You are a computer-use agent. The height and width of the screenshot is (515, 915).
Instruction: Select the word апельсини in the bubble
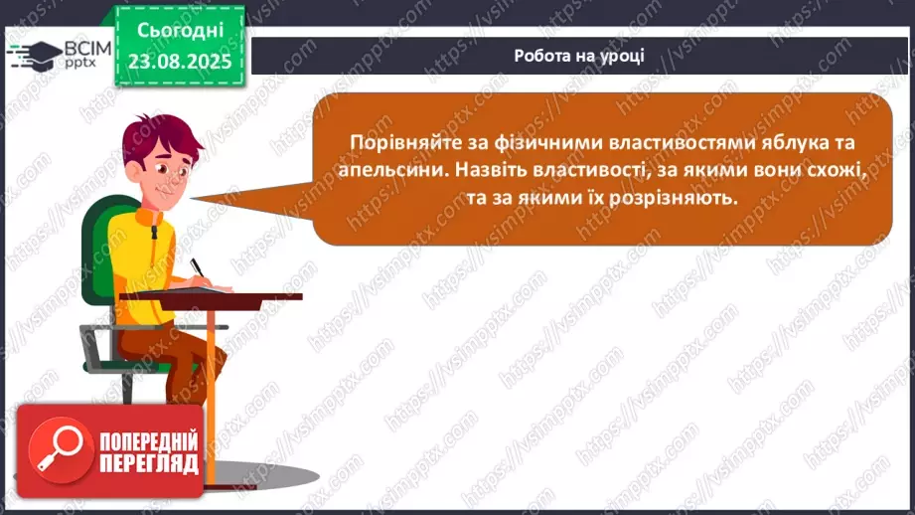click(392, 170)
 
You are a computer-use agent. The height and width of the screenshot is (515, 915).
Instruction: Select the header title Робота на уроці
click(580, 56)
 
